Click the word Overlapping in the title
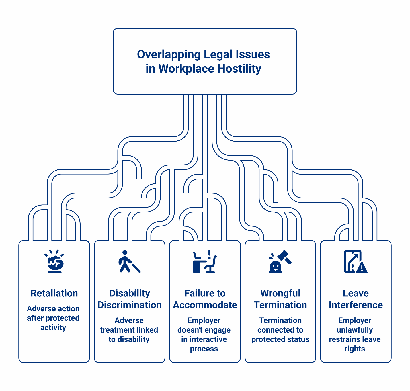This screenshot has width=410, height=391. tap(169, 55)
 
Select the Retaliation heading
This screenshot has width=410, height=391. tap(54, 293)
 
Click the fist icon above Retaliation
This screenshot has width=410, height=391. tap(54, 261)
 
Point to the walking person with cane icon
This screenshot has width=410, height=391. tap(128, 261)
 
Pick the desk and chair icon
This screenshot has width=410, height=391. tap(204, 262)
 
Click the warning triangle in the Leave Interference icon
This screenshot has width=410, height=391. tap(362, 268)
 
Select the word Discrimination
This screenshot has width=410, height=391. tap(130, 305)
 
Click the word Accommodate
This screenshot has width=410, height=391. tap(205, 305)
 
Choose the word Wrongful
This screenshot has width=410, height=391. tap(280, 293)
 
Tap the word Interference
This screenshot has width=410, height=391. tap(356, 305)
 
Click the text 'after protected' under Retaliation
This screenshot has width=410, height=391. tap(53, 318)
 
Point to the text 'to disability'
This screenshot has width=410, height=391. tap(129, 339)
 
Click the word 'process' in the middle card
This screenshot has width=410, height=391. tap(204, 349)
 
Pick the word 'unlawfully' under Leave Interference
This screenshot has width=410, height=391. tap(355, 330)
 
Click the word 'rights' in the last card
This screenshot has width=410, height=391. tap(355, 349)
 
